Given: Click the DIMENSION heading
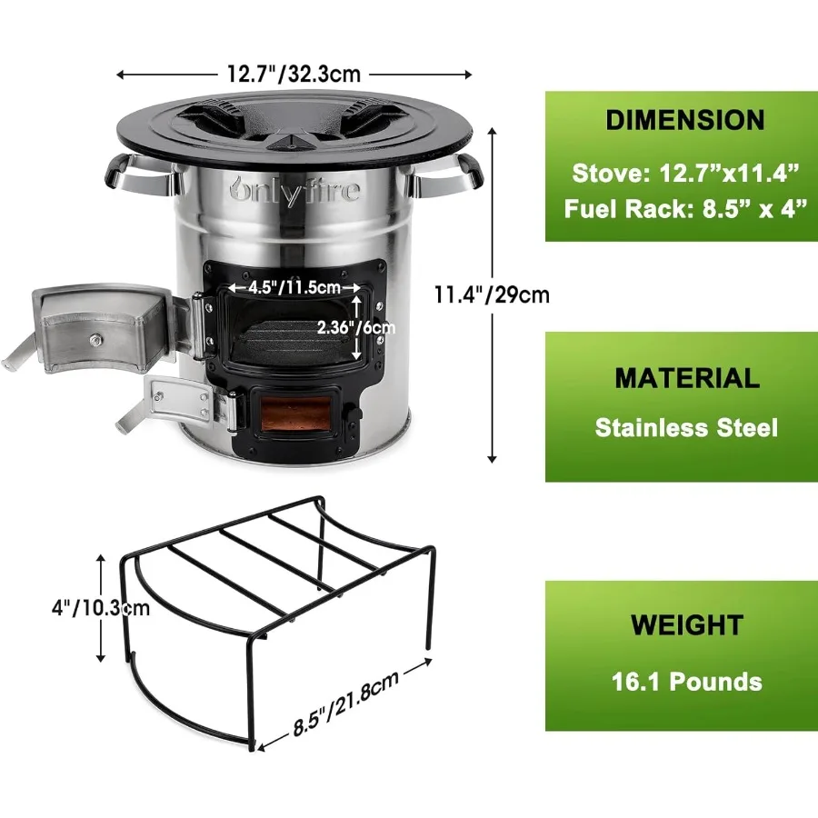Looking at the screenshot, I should tap(684, 120).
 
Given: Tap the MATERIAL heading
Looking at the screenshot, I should tap(686, 378).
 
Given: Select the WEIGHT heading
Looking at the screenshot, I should tap(686, 625).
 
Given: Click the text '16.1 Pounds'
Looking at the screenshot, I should tap(686, 681).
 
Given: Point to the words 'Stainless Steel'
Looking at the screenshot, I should tap(686, 427).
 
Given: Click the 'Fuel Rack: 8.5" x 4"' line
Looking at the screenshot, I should tap(686, 208).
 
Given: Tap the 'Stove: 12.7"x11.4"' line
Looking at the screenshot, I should tap(686, 171).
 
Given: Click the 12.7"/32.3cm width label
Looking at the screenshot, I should tap(294, 74).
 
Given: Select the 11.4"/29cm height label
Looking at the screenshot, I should tap(491, 294).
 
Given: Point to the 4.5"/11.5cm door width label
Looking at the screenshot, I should tap(284, 287).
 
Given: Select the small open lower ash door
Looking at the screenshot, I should tap(181, 400).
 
